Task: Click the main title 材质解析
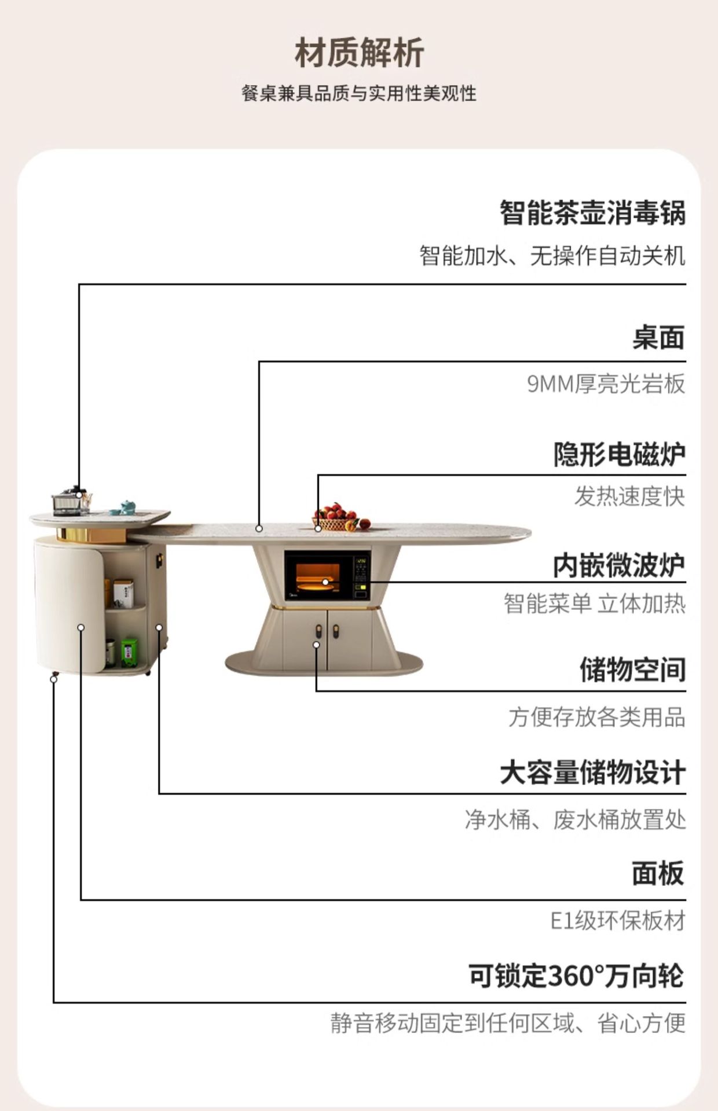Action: pos(359,53)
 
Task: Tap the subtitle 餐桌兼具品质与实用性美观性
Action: pos(359,93)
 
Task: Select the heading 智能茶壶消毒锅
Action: pos(592,212)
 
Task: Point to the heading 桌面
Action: pos(658,337)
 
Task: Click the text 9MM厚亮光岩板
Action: pos(606,384)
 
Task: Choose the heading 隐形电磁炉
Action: pos(619,454)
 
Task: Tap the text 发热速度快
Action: pos(629,496)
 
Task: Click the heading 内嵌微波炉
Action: pos(619,565)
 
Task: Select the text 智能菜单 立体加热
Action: pos(595,604)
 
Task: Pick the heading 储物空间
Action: pos(632,669)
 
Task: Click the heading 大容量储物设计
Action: pos(592,772)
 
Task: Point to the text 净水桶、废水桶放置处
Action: pos(575,820)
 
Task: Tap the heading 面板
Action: pos(658,873)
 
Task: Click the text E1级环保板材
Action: pos(617,921)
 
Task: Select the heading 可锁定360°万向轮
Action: pos(577,976)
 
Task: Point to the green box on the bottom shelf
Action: pos(129,653)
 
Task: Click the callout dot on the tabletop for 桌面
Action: pos(259,528)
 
